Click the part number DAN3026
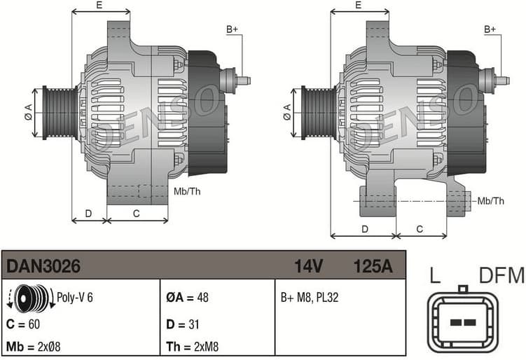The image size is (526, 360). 43,266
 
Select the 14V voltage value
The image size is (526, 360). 308,266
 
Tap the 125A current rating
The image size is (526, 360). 373,266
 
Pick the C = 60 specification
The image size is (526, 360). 24,324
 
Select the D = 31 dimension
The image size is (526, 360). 184,324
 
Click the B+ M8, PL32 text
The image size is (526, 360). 310,297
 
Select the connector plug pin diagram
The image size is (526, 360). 462,321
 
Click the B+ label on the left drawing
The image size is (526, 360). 232,29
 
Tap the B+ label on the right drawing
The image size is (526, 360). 490,29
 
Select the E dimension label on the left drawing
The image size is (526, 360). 99,6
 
